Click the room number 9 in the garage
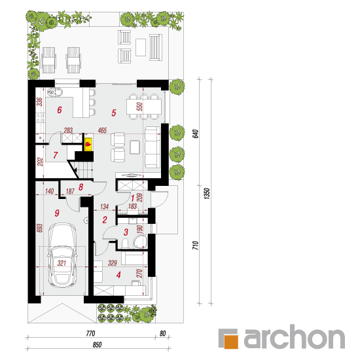tap(57, 213)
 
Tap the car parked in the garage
tap(62, 255)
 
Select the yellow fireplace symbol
tap(88, 144)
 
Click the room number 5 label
tap(114, 113)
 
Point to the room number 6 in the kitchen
tap(60, 110)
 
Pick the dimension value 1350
tap(207, 194)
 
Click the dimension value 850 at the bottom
tap(97, 344)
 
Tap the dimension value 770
tap(90, 333)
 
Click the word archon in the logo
tap(295, 337)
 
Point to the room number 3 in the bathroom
tap(126, 232)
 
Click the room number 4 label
tap(118, 275)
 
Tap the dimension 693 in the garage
tap(40, 228)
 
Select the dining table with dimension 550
tap(144, 107)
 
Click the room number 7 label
tap(56, 155)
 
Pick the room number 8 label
tap(81, 187)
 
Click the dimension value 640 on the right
tap(195, 134)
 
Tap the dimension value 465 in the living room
tap(102, 130)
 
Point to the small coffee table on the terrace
tap(141, 48)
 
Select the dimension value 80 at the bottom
tap(162, 333)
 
